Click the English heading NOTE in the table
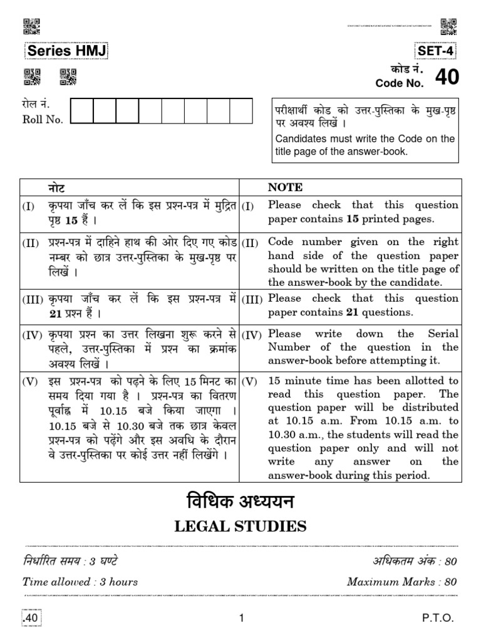coord(285,187)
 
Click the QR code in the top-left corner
coord(31,26)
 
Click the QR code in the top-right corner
coord(448,26)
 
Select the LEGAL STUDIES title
coord(240,525)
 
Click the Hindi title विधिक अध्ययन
coord(240,503)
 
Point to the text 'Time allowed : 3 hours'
coord(80,581)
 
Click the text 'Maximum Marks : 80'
coord(401,581)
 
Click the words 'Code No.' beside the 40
coord(400,83)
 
